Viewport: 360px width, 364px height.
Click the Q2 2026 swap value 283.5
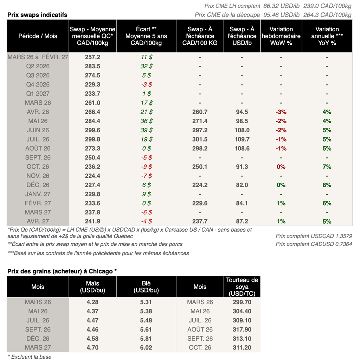point(92,66)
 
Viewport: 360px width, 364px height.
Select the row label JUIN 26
point(38,130)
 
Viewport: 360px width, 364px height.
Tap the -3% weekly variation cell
point(281,112)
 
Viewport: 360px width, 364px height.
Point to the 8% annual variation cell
point(327,185)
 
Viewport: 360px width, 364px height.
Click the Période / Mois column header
point(38,36)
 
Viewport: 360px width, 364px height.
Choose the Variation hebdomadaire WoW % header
point(281,36)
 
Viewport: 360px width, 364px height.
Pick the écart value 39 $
point(146,130)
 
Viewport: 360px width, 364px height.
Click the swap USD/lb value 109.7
point(242,139)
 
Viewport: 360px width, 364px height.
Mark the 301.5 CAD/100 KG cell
point(200,139)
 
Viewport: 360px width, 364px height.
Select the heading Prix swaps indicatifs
point(37,15)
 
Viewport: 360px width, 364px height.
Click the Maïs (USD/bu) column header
point(92,287)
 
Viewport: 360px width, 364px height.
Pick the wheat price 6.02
point(146,348)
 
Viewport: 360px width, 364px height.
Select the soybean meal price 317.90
point(242,330)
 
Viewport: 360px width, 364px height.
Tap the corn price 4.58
point(92,339)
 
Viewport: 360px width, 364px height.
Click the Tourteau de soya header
point(242,287)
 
